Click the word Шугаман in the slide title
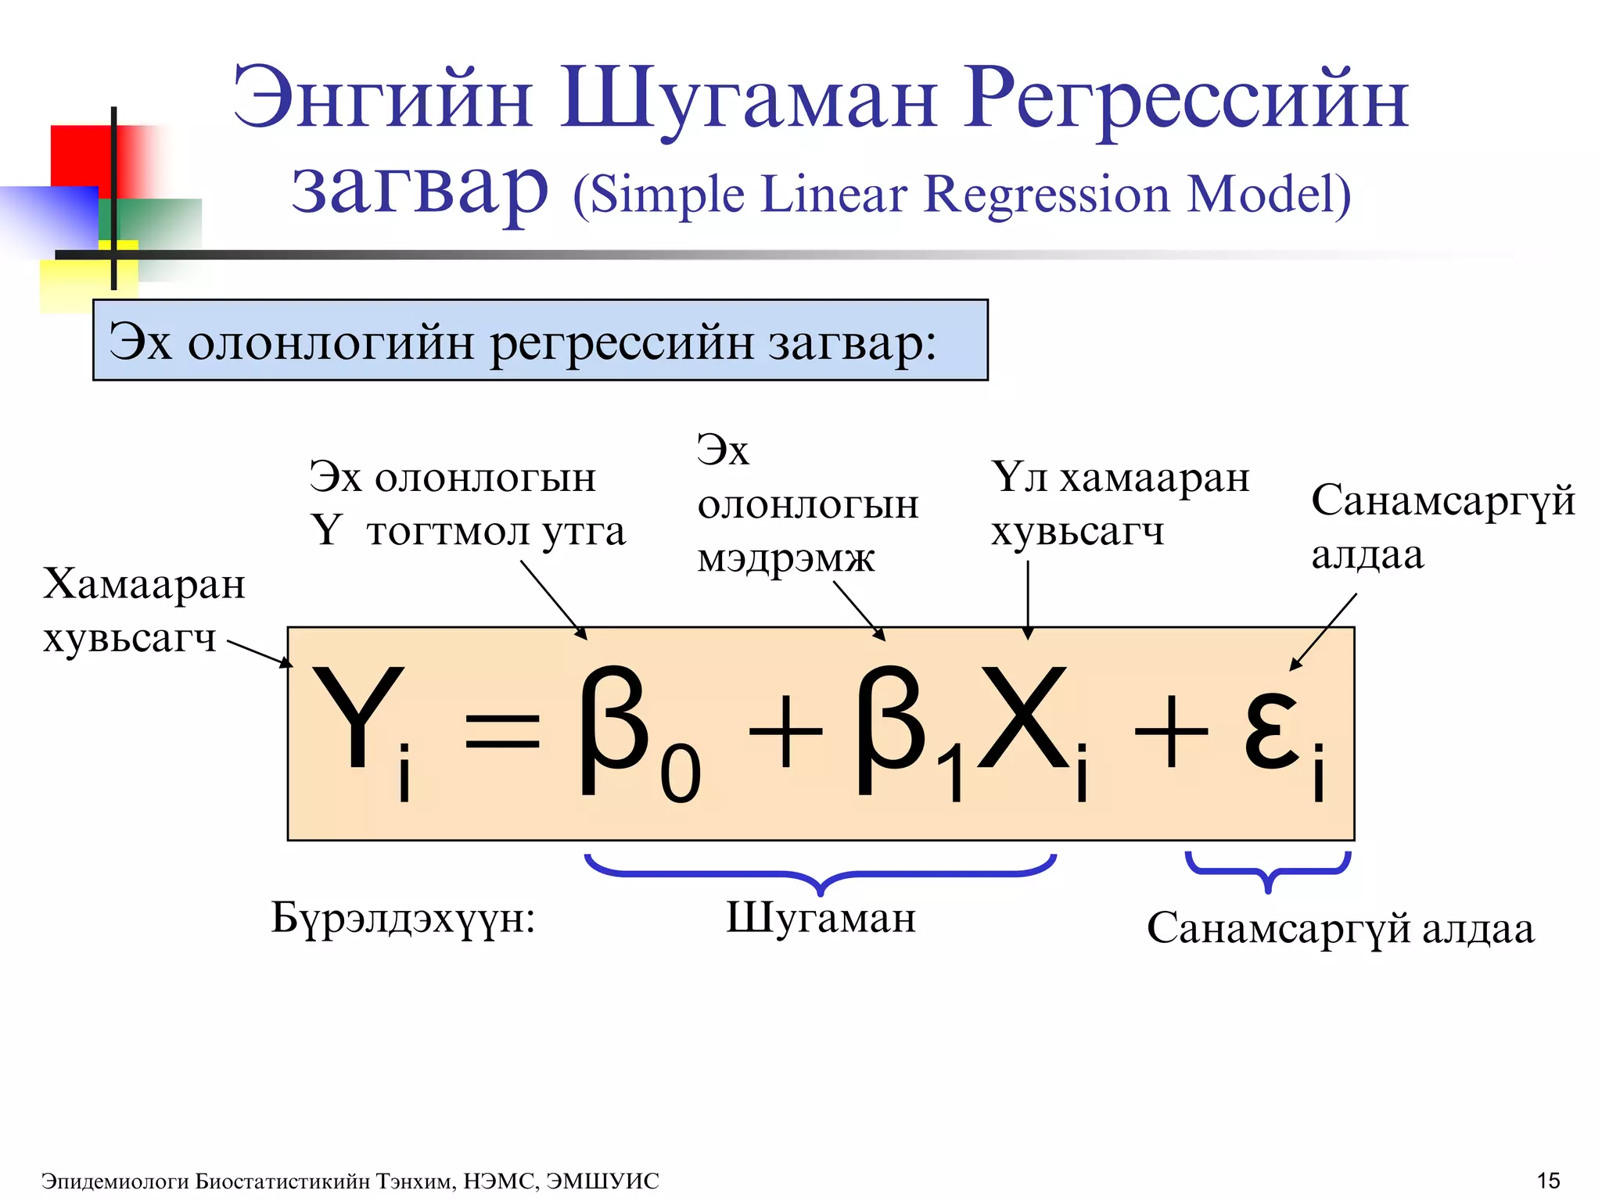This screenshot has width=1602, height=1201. [x=748, y=100]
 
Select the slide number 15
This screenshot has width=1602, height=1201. [x=1548, y=1180]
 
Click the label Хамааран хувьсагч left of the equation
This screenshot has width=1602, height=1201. [x=144, y=611]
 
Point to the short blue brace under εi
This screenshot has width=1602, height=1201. [x=1268, y=869]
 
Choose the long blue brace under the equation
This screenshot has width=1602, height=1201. [x=821, y=872]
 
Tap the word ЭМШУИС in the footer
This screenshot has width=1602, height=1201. [x=602, y=1181]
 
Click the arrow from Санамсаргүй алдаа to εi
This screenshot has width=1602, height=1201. [x=1324, y=631]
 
